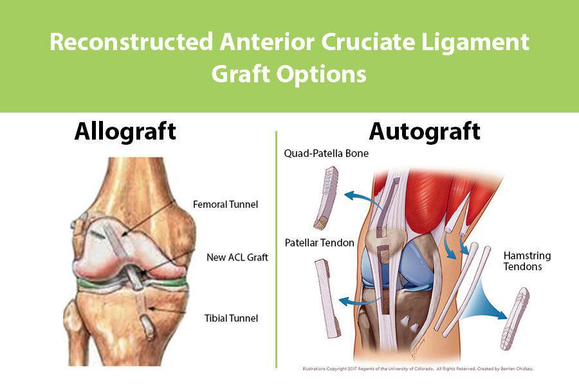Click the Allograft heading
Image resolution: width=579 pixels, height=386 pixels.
tap(125, 131)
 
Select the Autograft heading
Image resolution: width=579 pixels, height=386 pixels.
tap(424, 131)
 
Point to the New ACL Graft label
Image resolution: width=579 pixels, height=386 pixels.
tap(237, 257)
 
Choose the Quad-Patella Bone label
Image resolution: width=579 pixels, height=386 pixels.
tap(326, 154)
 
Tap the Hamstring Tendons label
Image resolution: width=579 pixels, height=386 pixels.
tap(527, 261)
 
